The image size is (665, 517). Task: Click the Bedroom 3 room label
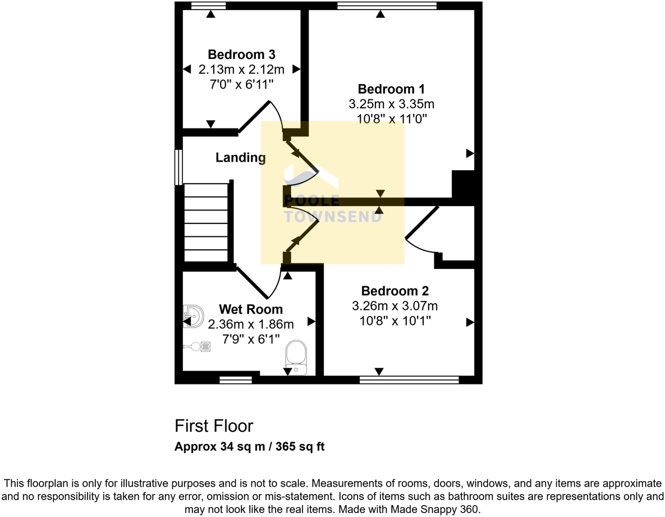click(241, 54)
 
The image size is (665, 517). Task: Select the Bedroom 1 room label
click(391, 89)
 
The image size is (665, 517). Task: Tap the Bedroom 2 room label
click(395, 291)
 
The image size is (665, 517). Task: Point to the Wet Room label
click(251, 309)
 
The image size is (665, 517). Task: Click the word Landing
click(241, 158)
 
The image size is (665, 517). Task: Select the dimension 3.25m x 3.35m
click(391, 104)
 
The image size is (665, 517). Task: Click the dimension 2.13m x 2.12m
click(241, 70)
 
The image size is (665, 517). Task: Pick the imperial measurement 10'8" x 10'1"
click(395, 321)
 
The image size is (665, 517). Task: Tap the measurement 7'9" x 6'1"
click(251, 340)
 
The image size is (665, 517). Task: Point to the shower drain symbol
click(206, 346)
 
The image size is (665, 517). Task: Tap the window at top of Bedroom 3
click(208, 6)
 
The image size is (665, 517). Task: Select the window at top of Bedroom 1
click(387, 6)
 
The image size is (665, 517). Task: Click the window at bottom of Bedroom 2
click(409, 380)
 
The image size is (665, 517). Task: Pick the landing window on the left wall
click(178, 167)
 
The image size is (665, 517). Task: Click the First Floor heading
click(214, 426)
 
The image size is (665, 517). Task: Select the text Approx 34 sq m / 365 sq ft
click(250, 447)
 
